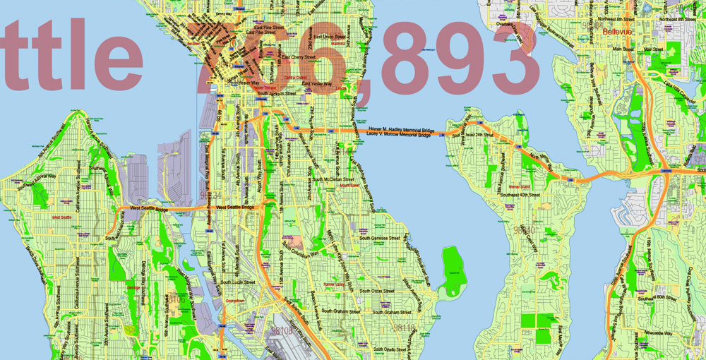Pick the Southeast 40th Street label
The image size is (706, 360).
coord(519,194)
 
